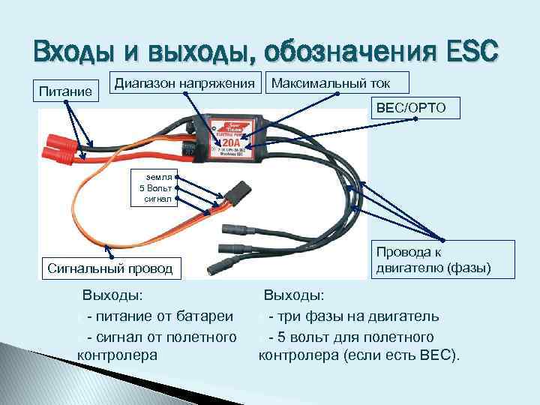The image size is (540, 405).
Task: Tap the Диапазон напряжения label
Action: (x=185, y=82)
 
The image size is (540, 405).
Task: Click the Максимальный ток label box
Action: (x=339, y=82)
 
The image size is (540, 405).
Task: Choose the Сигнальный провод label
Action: (x=110, y=267)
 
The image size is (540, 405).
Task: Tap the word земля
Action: (x=160, y=175)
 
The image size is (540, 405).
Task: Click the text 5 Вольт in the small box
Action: (x=157, y=187)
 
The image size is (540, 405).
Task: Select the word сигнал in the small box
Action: (x=158, y=199)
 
